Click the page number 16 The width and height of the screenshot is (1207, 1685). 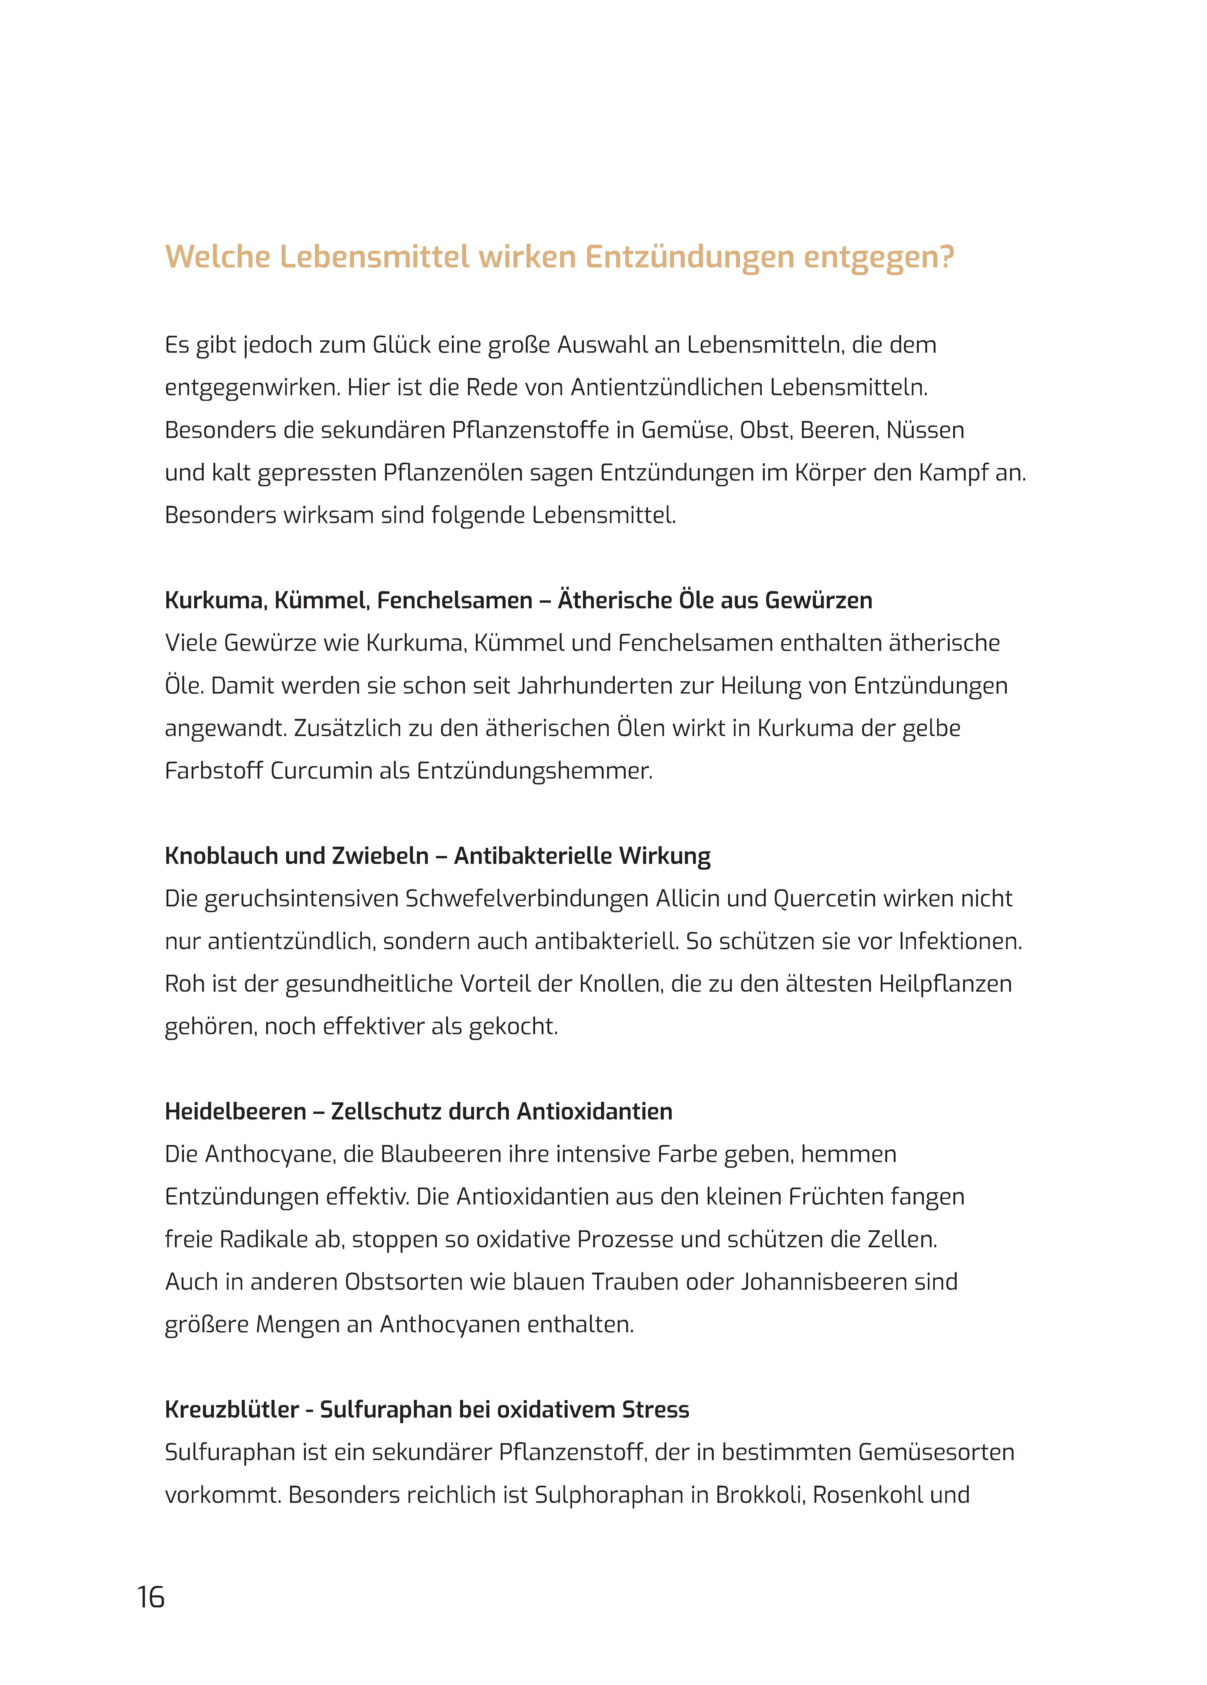[x=151, y=1596]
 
